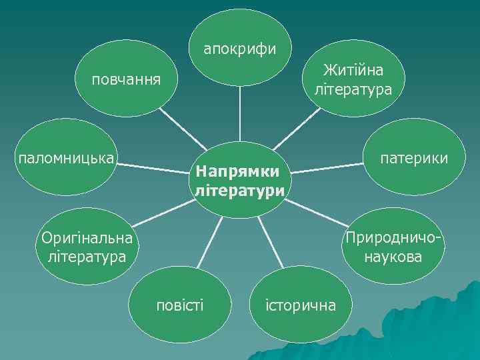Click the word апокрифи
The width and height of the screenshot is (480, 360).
(239, 49)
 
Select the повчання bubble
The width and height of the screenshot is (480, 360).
(126, 81)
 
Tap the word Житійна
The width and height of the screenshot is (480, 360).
(353, 70)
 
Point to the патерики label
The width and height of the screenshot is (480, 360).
(414, 159)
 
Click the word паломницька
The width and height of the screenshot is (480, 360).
(65, 159)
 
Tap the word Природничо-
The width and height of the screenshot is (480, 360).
(393, 238)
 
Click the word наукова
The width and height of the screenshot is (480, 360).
(393, 257)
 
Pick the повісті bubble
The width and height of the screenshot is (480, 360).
(180, 305)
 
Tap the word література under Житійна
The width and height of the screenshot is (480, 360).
(353, 89)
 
